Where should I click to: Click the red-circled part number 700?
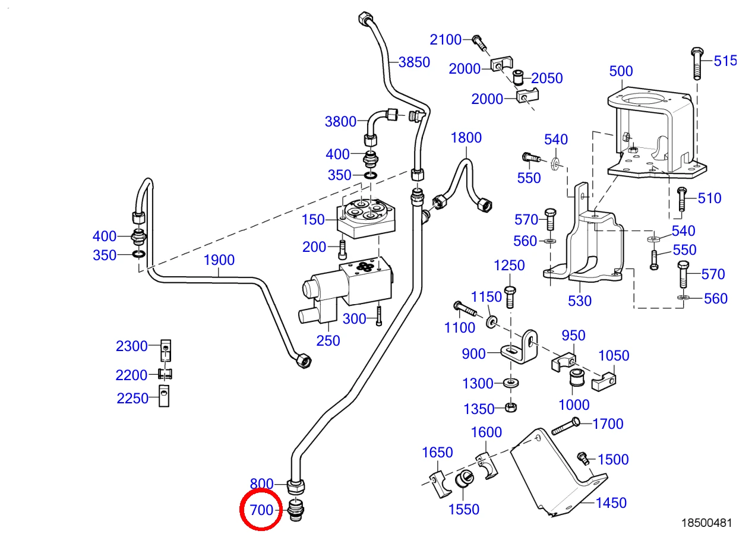pos(261,510)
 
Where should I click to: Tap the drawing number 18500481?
pos(707,523)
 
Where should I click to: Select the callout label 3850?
pos(414,62)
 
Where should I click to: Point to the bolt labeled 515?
pos(697,64)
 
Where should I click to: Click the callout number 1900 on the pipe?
pos(219,260)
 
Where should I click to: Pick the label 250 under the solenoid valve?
pos(328,341)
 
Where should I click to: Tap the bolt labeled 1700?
pos(566,426)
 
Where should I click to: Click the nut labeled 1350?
pos(511,407)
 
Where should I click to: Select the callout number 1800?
pos(466,138)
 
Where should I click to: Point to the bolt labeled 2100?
pos(480,43)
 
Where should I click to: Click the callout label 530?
pos(580,301)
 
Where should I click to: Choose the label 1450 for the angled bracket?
pos(611,503)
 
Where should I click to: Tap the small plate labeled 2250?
pos(164,396)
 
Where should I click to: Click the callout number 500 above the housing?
pos(621,71)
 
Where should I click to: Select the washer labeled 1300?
pos(511,383)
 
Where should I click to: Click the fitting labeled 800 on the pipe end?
pos(296,486)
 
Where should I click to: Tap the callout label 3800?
pos(340,122)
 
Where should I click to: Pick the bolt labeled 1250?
pos(510,296)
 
